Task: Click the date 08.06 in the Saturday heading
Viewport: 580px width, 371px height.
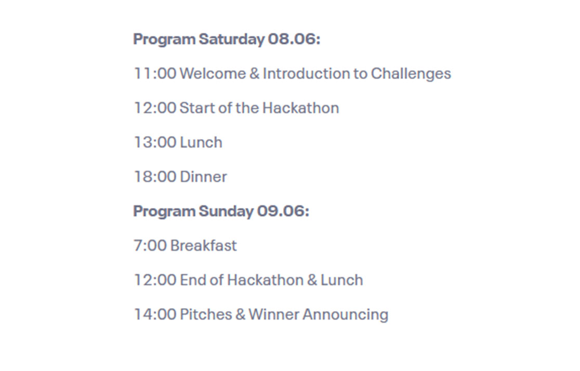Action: pos(294,39)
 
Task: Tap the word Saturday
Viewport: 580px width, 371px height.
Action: pos(232,39)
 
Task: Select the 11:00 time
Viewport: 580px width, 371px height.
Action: pos(155,73)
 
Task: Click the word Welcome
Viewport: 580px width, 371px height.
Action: pos(213,73)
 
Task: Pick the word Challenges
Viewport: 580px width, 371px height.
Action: pos(411,74)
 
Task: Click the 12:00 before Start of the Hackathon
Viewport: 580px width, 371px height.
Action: pos(155,108)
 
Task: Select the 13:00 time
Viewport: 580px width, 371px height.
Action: pos(155,142)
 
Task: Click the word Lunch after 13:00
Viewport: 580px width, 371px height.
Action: pos(201,142)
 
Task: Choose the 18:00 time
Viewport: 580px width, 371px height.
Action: pos(155,177)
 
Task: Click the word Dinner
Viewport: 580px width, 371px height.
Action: pos(203,177)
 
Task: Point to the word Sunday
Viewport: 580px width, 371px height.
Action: pos(227,211)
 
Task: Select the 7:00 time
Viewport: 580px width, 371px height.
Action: pos(150,245)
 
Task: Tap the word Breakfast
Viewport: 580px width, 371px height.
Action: pos(203,245)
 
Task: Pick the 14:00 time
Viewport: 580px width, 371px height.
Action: pos(155,314)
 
